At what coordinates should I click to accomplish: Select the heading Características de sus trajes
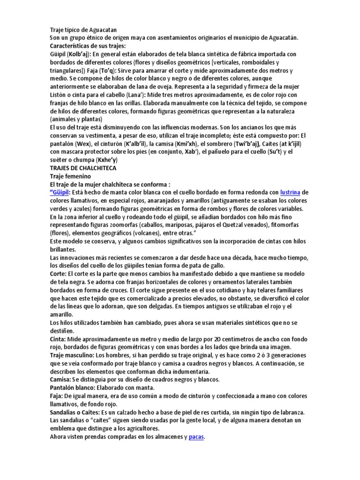click(x=88, y=45)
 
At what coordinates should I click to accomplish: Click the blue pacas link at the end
click(x=196, y=437)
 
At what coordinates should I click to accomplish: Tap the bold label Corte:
click(x=58, y=273)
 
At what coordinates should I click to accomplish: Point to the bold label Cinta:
click(x=59, y=338)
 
